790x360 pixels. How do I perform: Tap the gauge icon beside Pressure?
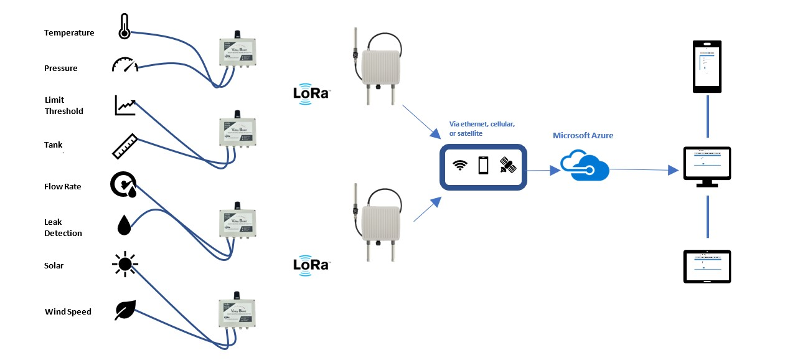[x=125, y=65]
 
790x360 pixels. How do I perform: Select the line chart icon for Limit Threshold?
[x=125, y=105]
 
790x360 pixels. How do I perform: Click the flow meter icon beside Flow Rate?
[x=124, y=185]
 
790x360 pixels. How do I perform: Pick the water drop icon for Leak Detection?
[x=125, y=225]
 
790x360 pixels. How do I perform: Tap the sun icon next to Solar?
[x=125, y=265]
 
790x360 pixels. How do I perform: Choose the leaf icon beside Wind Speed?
[x=125, y=310]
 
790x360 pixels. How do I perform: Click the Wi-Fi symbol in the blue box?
[x=460, y=165]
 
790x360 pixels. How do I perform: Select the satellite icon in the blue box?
[x=508, y=165]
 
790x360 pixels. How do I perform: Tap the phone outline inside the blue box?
[x=483, y=166]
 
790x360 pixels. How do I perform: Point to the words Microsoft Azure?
[x=583, y=135]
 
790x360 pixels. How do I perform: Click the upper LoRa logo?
[x=311, y=94]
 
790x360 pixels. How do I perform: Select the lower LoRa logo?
[x=311, y=265]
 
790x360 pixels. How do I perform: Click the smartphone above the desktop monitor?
[x=707, y=67]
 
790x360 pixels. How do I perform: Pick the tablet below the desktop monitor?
[x=707, y=267]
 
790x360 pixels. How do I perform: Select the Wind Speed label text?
[x=68, y=311]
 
